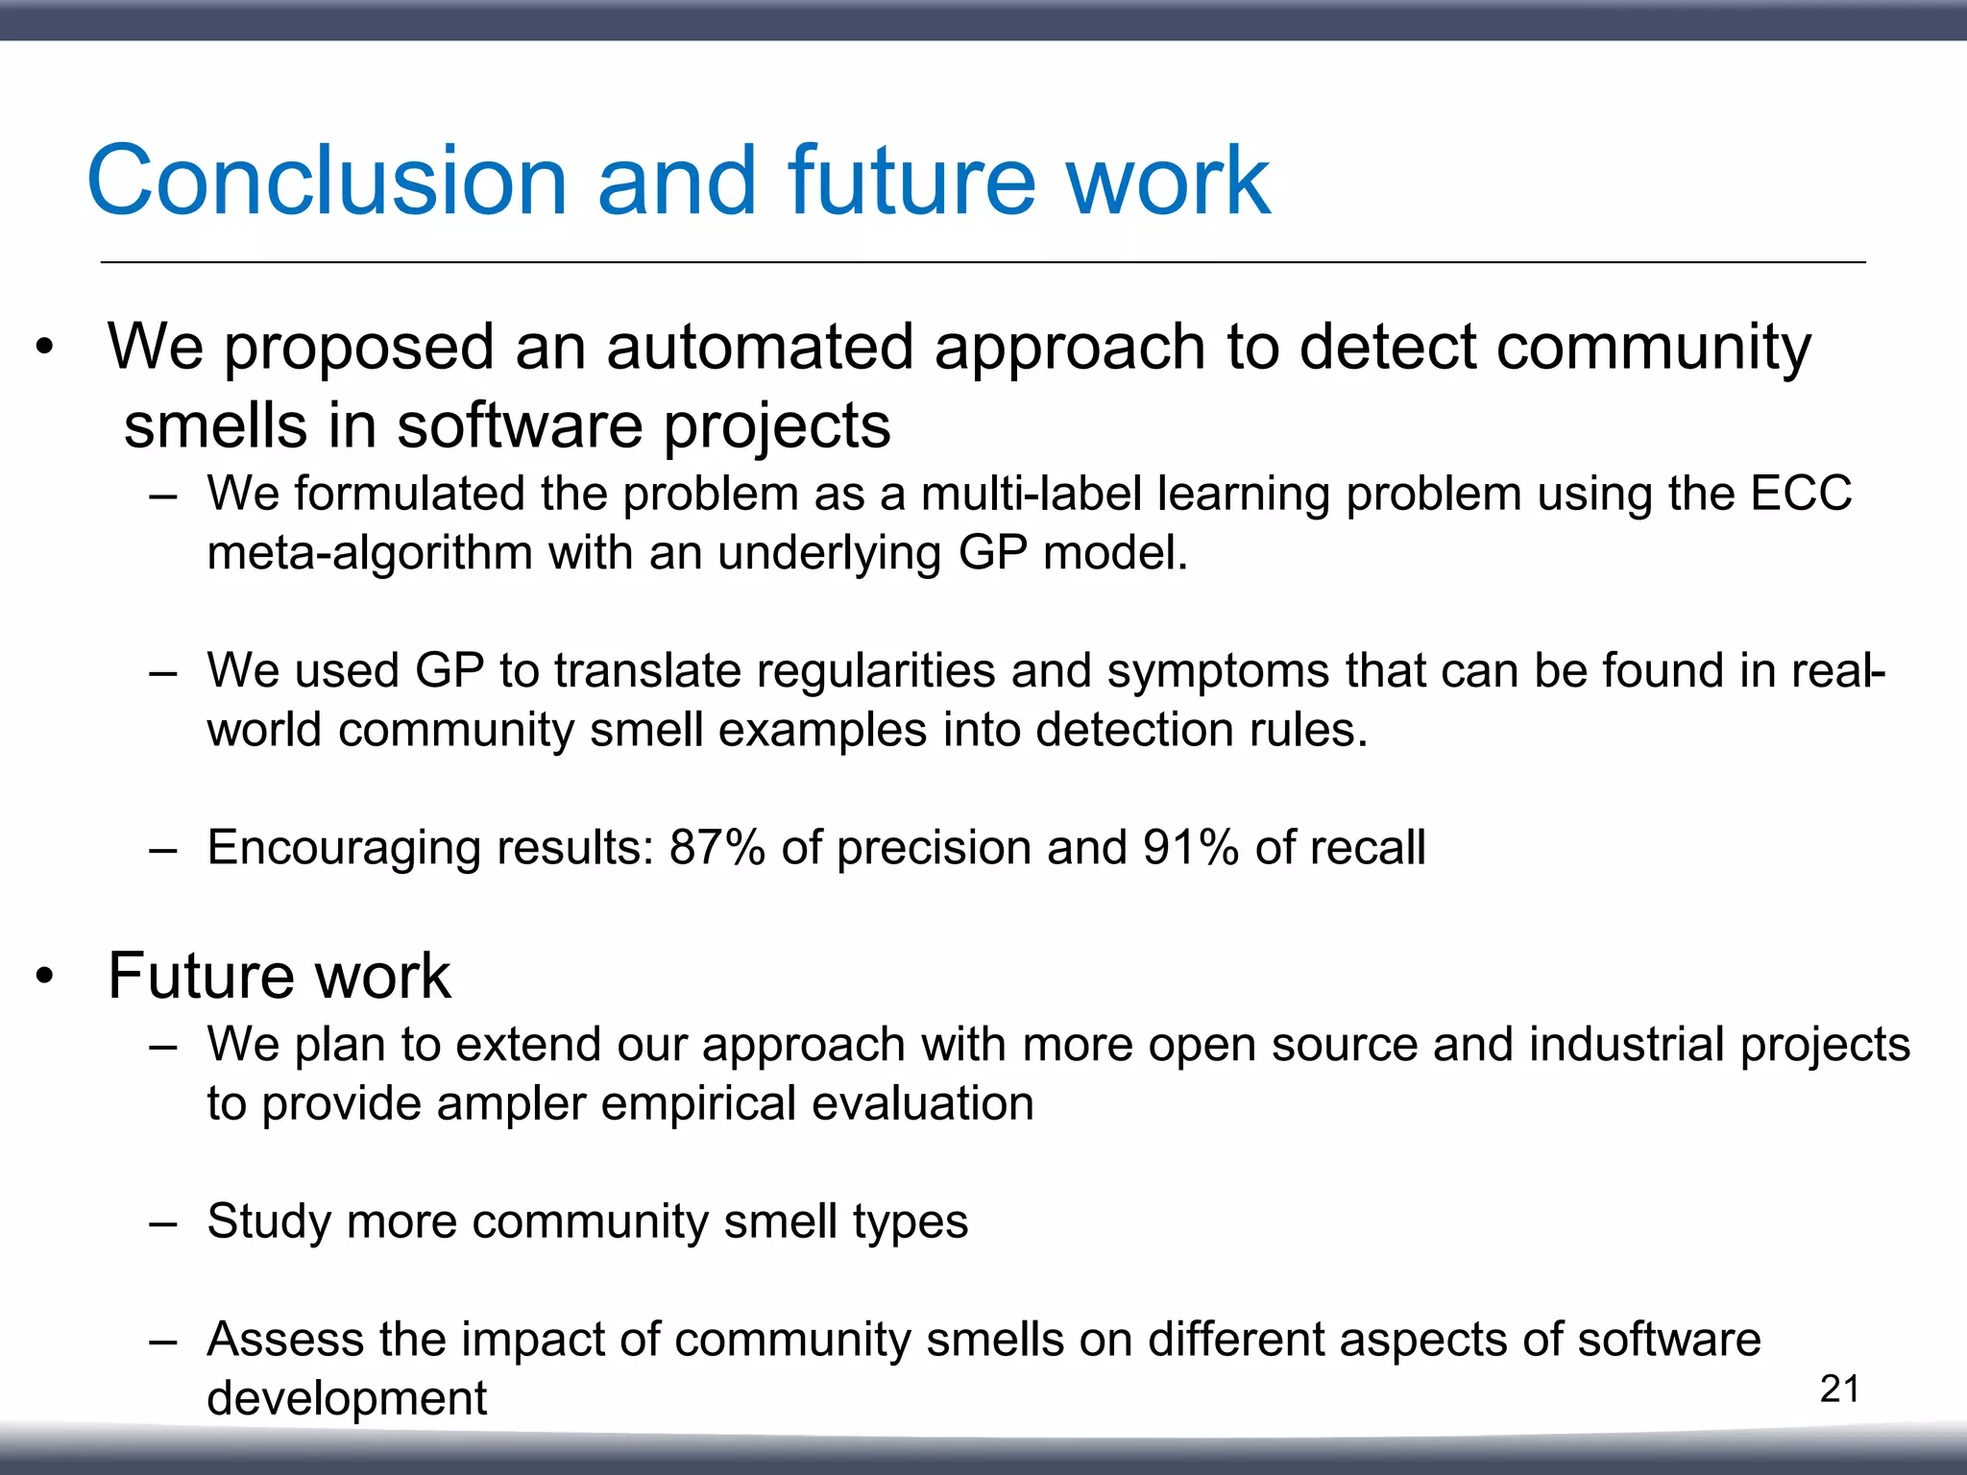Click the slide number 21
pyautogui.click(x=1839, y=1390)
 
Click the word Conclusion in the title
pyautogui.click(x=328, y=181)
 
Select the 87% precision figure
pyautogui.click(x=716, y=848)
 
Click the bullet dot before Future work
pyautogui.click(x=44, y=978)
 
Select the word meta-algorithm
pyautogui.click(x=370, y=554)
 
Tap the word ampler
pyautogui.click(x=511, y=1104)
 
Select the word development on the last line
pyautogui.click(x=347, y=1399)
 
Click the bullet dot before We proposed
pyautogui.click(x=44, y=348)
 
